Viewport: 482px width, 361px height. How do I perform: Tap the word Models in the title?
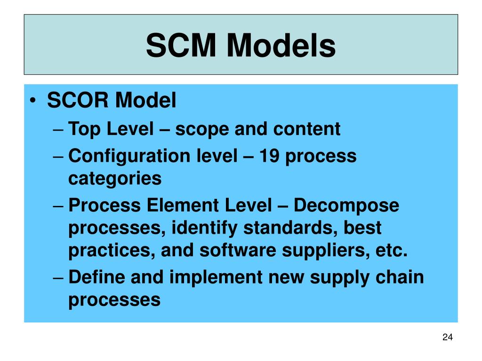click(x=281, y=46)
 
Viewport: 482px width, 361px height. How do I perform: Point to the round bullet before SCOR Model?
click(x=36, y=101)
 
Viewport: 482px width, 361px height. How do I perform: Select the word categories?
click(x=115, y=179)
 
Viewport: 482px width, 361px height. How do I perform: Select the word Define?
click(x=97, y=277)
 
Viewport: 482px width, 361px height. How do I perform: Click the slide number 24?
click(x=448, y=337)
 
